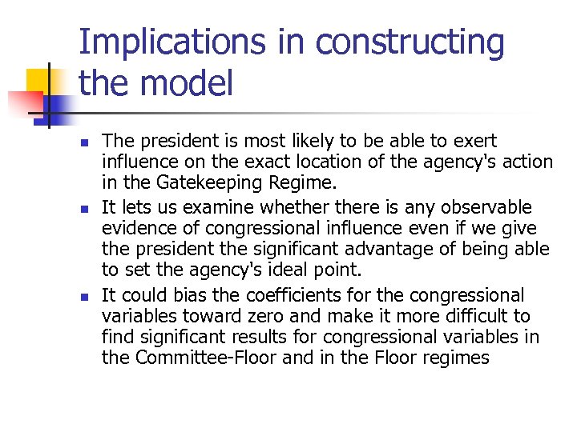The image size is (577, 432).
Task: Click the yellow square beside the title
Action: [x=42, y=82]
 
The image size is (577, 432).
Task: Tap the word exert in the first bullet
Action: [x=477, y=142]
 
